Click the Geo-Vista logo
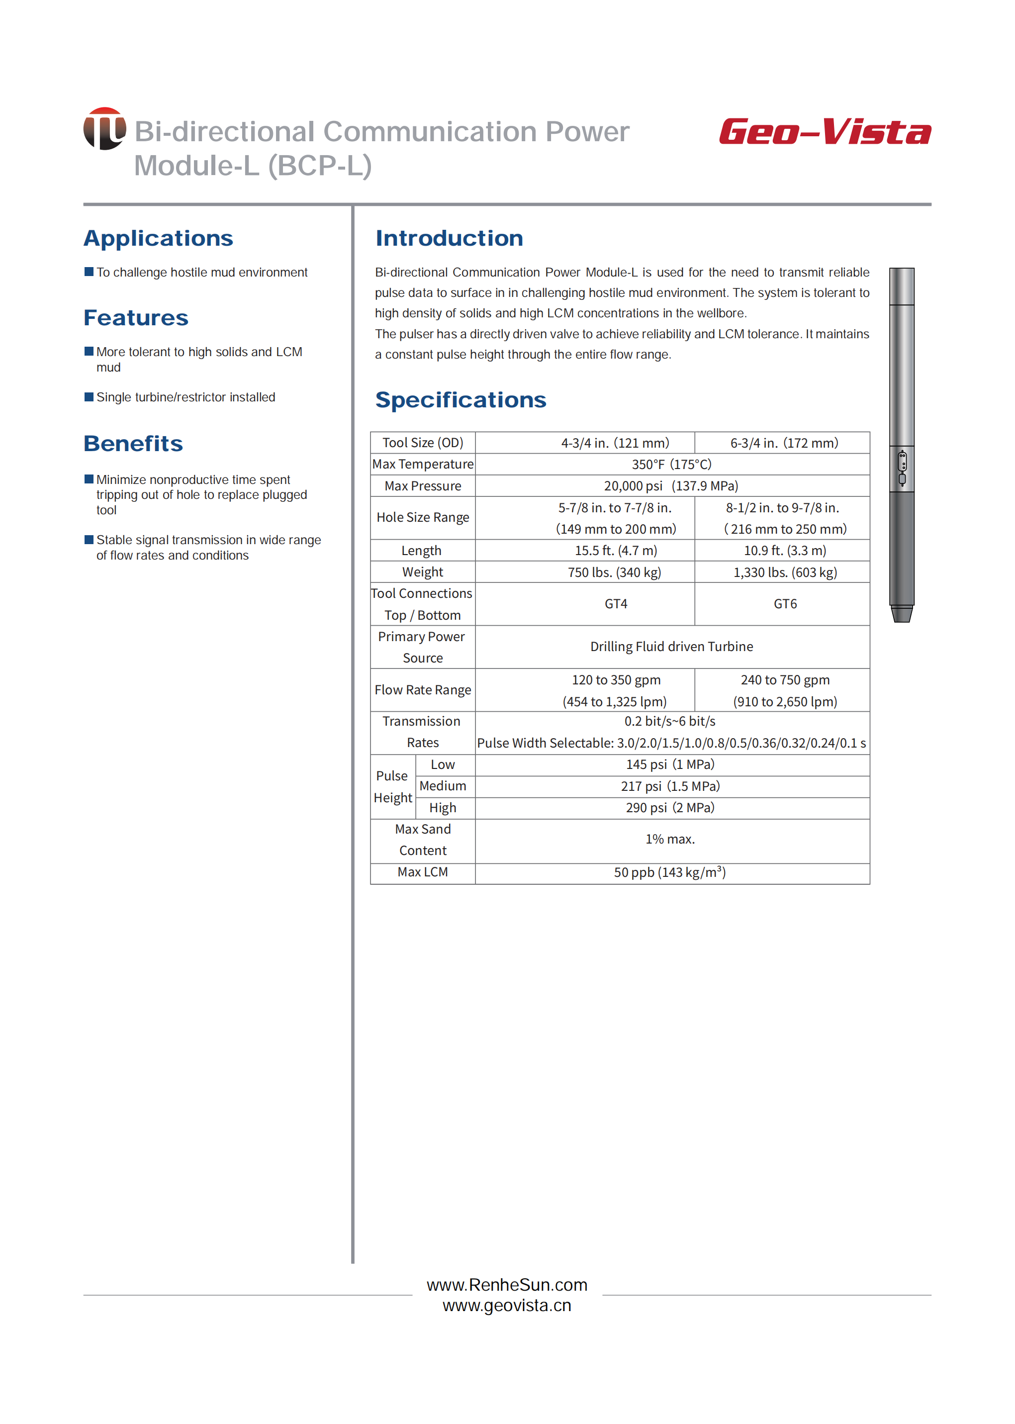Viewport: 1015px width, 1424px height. point(825,132)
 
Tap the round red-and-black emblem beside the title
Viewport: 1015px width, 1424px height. point(104,129)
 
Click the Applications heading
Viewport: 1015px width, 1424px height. point(158,238)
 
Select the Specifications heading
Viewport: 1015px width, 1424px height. point(461,400)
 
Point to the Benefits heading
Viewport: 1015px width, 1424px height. point(133,444)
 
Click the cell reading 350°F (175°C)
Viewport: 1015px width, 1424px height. point(671,465)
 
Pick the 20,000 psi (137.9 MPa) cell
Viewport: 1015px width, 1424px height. point(671,486)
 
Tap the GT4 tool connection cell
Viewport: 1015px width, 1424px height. point(616,604)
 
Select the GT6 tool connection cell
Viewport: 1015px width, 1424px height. point(785,604)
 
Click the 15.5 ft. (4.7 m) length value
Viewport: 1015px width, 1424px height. point(616,551)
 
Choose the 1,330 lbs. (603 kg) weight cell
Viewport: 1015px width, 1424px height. point(785,572)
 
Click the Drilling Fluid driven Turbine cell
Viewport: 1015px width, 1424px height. point(671,647)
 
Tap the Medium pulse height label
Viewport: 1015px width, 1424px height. point(443,786)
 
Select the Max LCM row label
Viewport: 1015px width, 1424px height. point(423,872)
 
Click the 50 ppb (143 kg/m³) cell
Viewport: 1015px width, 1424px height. point(669,872)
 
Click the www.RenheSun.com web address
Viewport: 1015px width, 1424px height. point(507,1285)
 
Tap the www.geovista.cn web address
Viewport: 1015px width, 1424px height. point(507,1305)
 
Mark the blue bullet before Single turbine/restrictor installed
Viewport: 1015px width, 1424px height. point(89,397)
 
